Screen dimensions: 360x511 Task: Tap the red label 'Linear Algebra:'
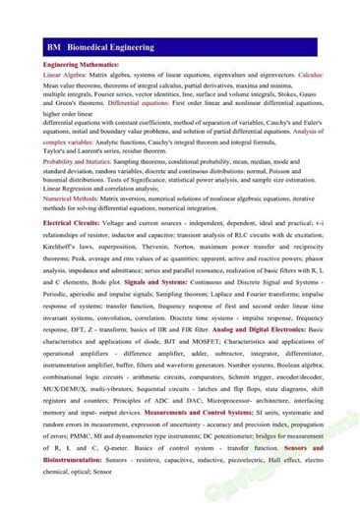point(66,75)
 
